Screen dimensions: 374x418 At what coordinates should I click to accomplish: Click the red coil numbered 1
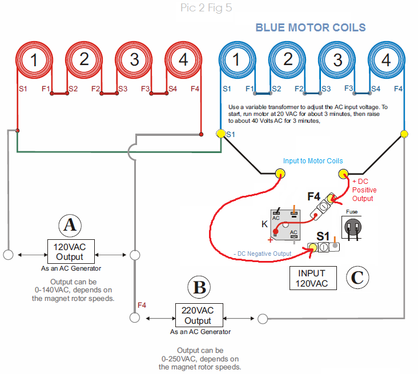click(35, 59)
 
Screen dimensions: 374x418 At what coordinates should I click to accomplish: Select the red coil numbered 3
click(135, 59)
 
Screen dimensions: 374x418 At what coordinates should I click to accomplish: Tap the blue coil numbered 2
click(288, 59)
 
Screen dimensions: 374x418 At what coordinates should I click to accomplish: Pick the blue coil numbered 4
click(387, 59)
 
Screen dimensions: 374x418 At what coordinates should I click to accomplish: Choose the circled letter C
click(357, 278)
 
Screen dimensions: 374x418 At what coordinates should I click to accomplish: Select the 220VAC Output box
click(198, 315)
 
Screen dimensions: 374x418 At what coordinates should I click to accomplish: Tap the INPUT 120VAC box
click(312, 278)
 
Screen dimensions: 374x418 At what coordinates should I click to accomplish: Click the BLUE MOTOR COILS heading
click(310, 27)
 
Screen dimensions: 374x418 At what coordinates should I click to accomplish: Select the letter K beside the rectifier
click(264, 224)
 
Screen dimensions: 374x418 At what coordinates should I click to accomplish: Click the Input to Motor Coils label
click(312, 161)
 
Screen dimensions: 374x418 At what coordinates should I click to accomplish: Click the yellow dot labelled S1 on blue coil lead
click(220, 134)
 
